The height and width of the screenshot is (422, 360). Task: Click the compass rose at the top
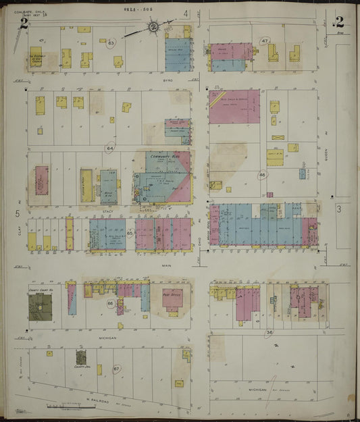pos(153,27)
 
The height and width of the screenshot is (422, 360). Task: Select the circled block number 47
pos(265,41)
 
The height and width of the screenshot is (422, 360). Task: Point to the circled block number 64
pos(109,148)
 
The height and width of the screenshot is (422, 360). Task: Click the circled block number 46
pos(262,175)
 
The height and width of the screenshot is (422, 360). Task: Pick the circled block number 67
pos(116,369)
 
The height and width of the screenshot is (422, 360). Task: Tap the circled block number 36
pos(269,332)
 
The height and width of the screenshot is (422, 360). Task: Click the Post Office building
pos(172,299)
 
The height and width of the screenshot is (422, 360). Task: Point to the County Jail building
pos(81,356)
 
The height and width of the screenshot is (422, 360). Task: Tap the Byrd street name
pos(168,80)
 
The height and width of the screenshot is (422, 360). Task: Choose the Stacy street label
pos(107,211)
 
